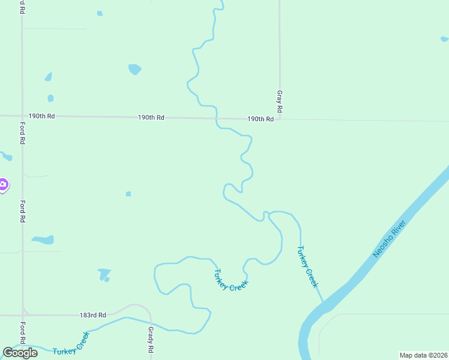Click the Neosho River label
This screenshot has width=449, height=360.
[x=390, y=239]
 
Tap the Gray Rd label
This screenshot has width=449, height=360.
[x=279, y=103]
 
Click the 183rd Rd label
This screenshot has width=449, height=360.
[x=93, y=315]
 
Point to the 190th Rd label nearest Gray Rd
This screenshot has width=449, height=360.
[x=261, y=119]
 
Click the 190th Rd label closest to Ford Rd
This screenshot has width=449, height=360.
[x=41, y=116]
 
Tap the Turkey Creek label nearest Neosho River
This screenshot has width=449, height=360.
[x=307, y=266]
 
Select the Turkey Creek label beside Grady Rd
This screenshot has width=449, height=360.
[x=71, y=344]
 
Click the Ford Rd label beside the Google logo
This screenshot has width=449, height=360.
[x=22, y=333]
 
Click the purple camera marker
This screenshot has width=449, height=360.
[x=3, y=185]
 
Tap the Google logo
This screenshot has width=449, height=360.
[x=20, y=353]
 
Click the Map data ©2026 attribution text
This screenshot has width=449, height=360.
[x=423, y=355]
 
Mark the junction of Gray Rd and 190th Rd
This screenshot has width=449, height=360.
[x=280, y=119]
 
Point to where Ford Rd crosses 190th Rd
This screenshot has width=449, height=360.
[x=22, y=116]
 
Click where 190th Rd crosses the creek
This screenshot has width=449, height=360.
[x=216, y=118]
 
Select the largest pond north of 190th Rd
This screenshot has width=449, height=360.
[x=134, y=69]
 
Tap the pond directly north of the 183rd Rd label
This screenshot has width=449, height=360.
[x=104, y=274]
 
